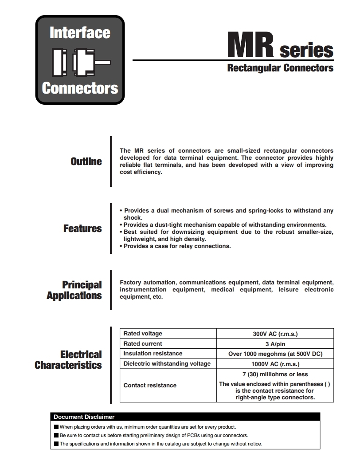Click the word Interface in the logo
[x=80, y=33]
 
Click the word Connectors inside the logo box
[x=80, y=88]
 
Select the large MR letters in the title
[x=250, y=45]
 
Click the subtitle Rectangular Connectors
[x=280, y=68]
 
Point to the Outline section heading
[x=86, y=162]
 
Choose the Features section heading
[x=82, y=229]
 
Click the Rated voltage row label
[x=143, y=334]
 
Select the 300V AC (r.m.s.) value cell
[x=275, y=334]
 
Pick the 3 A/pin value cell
[x=275, y=344]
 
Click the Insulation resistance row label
[x=153, y=354]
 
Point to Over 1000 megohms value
[x=275, y=354]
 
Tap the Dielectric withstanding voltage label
[x=167, y=364]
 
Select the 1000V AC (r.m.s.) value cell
[x=275, y=364]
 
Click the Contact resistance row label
[x=150, y=386]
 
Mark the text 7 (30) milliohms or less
[x=275, y=374]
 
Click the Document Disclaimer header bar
[x=185, y=417]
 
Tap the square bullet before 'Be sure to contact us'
[x=56, y=435]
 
